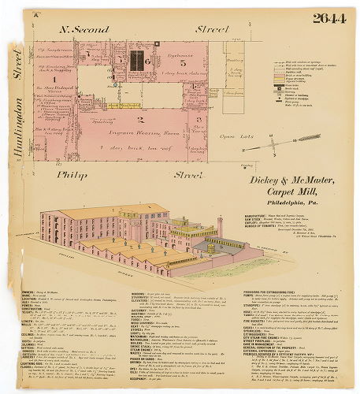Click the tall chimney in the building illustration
click(220, 229)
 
